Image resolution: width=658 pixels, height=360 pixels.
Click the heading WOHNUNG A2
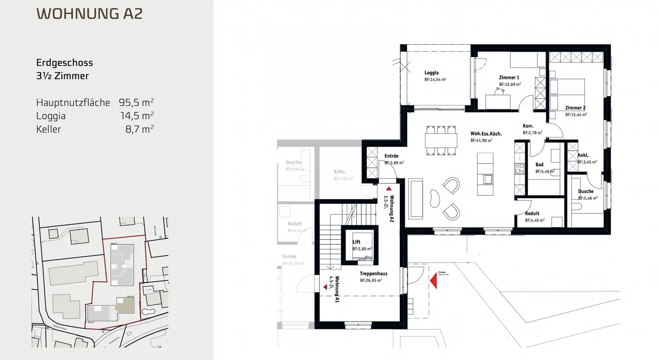[89, 13]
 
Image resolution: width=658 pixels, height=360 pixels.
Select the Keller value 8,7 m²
[139, 129]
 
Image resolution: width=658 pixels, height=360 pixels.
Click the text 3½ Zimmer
[62, 76]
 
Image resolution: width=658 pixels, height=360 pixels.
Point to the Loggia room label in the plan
[431, 73]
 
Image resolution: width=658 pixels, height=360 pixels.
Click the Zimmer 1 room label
[509, 78]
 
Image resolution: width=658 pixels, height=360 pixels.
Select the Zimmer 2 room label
[575, 108]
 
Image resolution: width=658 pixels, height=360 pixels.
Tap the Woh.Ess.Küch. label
[486, 134]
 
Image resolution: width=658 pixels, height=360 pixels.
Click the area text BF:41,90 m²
[481, 141]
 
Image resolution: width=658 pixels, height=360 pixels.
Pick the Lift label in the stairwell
[356, 242]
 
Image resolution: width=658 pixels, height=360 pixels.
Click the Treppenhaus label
[373, 274]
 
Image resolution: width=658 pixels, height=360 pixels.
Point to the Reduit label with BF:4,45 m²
[532, 213]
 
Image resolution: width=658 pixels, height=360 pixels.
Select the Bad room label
[539, 164]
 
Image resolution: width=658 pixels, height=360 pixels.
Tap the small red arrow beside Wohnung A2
[388, 188]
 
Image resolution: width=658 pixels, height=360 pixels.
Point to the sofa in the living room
[416, 199]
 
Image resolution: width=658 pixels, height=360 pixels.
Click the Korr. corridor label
[528, 126]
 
